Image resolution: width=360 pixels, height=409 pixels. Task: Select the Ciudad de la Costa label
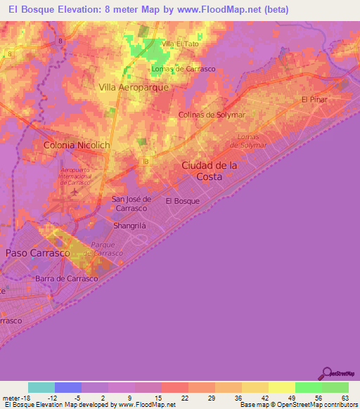click(210, 171)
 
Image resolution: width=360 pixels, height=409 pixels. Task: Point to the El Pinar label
click(314, 100)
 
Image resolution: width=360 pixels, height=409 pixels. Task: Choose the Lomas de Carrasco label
click(184, 69)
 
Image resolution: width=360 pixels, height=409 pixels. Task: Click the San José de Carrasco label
click(130, 204)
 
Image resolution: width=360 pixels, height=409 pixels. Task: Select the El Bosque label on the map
click(182, 201)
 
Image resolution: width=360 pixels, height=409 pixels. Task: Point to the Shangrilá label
click(129, 226)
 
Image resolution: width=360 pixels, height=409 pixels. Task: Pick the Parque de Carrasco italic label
click(103, 249)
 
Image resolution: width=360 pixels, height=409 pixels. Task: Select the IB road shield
click(146, 161)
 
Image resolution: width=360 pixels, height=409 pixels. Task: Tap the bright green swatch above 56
click(308, 387)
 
